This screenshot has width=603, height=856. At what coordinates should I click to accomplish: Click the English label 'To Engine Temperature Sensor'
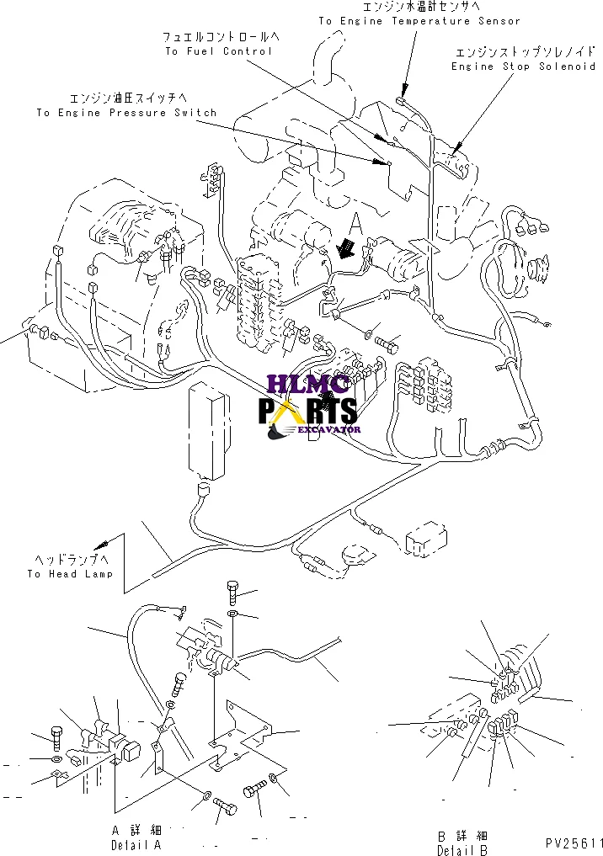coord(419,21)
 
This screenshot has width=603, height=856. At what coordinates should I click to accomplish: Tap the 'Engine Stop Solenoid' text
coord(523,66)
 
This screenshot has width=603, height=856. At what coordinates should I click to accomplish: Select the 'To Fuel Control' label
coord(218,51)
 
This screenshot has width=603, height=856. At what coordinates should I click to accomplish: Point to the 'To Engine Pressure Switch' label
coord(126,113)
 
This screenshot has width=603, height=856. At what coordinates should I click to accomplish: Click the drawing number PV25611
coord(574,843)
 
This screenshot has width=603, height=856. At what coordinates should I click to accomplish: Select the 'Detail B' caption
coord(462,851)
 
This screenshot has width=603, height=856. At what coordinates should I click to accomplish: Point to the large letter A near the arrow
coord(355,225)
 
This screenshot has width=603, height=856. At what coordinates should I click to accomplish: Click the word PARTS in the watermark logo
coord(307,411)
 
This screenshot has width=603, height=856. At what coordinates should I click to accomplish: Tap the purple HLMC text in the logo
coord(307,385)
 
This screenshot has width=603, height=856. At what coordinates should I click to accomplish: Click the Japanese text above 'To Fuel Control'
coord(221,37)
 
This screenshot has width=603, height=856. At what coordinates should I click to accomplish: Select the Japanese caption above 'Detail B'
coord(462,836)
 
